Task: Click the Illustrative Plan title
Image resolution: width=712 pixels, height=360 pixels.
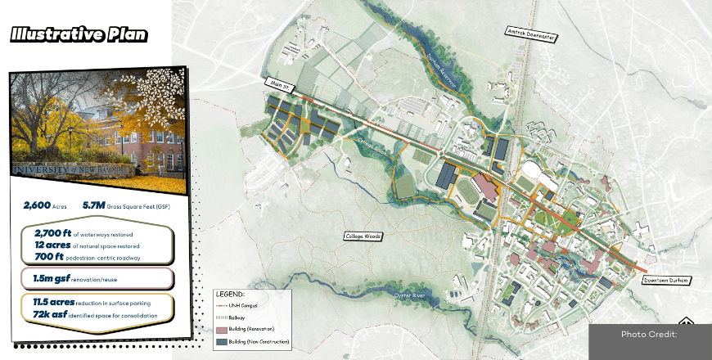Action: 79,34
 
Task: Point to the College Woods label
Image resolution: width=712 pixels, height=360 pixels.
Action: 364,236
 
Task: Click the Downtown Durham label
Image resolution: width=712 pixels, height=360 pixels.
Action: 666,280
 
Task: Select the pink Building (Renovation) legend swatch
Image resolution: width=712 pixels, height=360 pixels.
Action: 223,328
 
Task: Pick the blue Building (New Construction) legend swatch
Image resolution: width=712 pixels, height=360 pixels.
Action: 223,340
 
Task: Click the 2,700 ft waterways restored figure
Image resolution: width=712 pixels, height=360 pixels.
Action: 50,234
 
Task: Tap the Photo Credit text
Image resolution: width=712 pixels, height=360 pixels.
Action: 649,334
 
